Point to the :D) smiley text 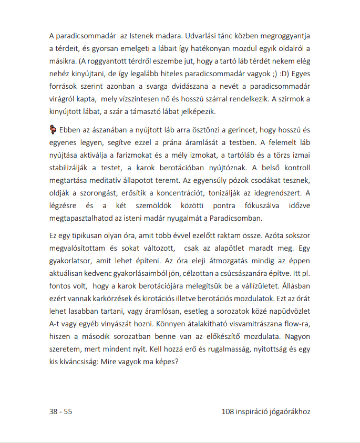click(x=280, y=72)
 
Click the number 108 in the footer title click(x=229, y=412)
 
